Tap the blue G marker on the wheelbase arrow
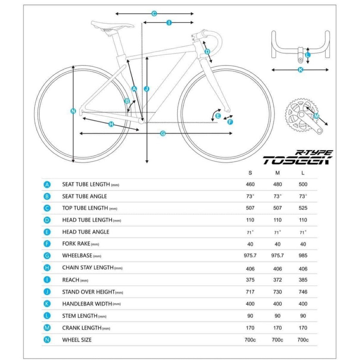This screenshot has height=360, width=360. coord(163,133)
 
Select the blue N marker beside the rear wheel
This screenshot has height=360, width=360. coord(73,111)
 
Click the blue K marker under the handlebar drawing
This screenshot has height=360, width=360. coord(301,69)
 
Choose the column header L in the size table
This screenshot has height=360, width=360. coord(303,173)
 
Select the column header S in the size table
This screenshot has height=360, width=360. coord(250,173)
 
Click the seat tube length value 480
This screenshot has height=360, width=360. coord(277,184)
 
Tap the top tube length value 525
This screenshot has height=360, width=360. coord(303,208)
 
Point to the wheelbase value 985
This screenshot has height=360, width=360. coord(303,256)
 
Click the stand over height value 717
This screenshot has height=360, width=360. coord(250,292)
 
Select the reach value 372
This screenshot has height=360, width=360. coord(277,279)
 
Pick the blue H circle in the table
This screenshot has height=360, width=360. coord(47,268)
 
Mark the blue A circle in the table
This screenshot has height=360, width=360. coord(47,184)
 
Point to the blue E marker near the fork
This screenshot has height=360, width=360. coord(218,116)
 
